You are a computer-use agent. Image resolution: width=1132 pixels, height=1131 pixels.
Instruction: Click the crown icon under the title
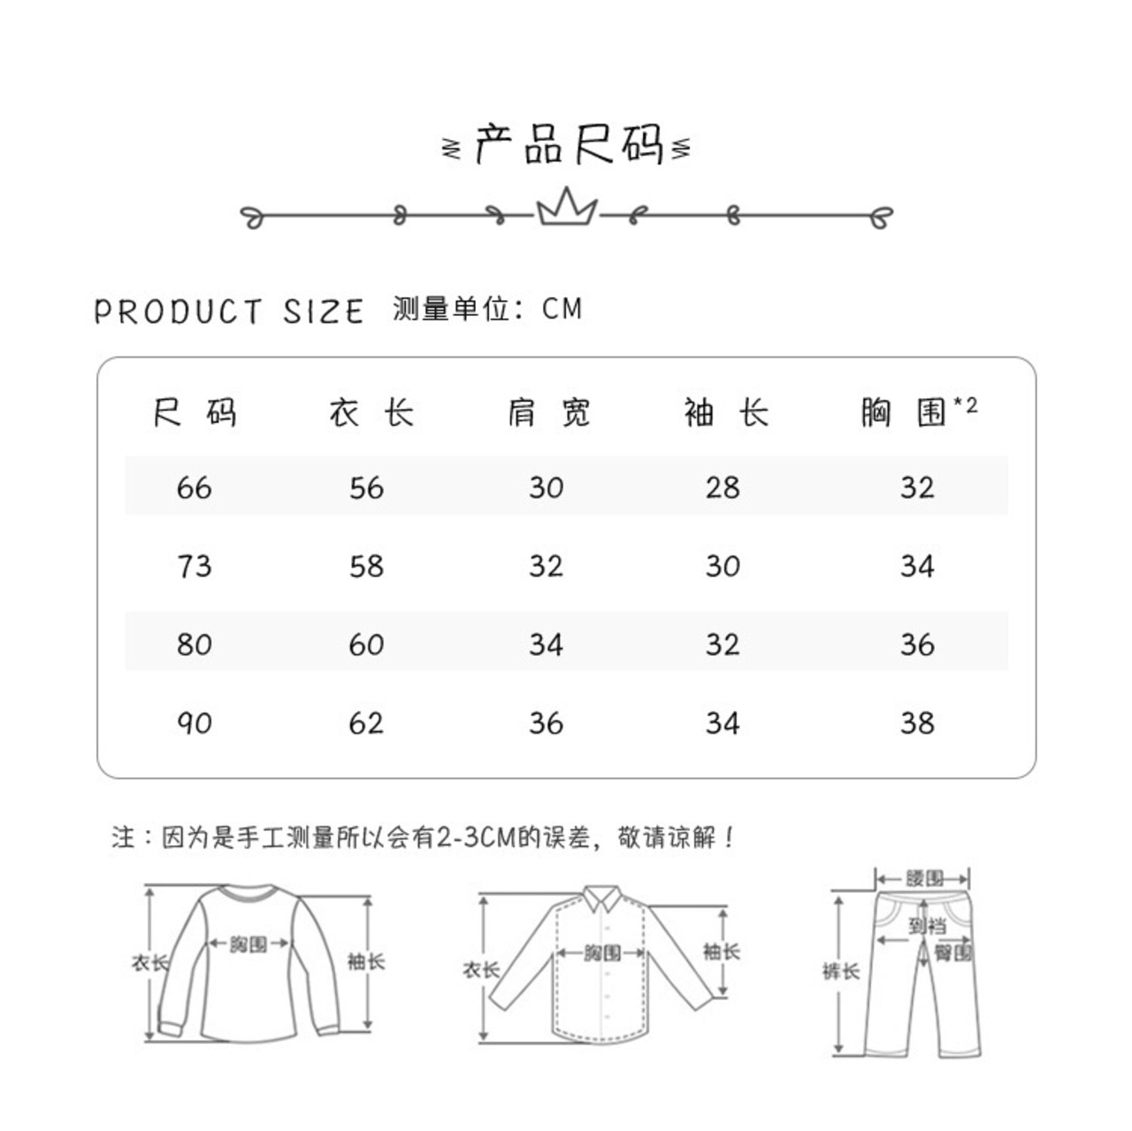(566, 210)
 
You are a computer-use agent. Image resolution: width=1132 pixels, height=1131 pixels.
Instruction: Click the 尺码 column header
(195, 412)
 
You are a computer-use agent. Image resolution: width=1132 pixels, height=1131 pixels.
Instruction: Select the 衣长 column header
(371, 412)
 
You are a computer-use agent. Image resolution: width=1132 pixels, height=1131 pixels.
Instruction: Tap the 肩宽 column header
(548, 412)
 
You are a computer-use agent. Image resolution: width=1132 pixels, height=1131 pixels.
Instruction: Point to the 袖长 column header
(725, 412)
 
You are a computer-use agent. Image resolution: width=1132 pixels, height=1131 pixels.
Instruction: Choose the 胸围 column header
(906, 412)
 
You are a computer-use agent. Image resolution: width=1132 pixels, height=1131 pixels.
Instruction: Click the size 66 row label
(195, 488)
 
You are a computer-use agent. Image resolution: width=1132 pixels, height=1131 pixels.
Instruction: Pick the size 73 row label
(195, 565)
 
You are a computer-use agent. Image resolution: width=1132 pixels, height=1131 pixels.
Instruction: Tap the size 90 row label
(195, 723)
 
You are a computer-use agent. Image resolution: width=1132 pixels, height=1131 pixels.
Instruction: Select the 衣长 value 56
(366, 488)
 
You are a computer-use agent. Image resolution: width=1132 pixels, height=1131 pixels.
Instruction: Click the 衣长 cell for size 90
(366, 723)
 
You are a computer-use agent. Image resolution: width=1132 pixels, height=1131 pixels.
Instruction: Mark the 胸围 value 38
(917, 723)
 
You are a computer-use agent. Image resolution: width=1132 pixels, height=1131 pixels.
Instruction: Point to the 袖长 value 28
(723, 488)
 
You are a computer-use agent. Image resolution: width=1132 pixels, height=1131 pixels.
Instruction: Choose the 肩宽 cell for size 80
(546, 644)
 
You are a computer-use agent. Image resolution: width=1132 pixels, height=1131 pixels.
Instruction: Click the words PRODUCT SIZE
(229, 312)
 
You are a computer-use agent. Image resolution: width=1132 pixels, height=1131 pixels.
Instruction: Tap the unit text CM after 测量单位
(562, 309)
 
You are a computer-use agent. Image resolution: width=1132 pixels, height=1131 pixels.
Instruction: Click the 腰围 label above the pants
(923, 879)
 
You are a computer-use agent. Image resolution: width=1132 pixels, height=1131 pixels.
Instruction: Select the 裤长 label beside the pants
(840, 972)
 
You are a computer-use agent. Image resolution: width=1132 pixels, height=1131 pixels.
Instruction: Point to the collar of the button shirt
(603, 900)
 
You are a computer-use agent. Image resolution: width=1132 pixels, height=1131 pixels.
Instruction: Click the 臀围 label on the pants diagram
(952, 952)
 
